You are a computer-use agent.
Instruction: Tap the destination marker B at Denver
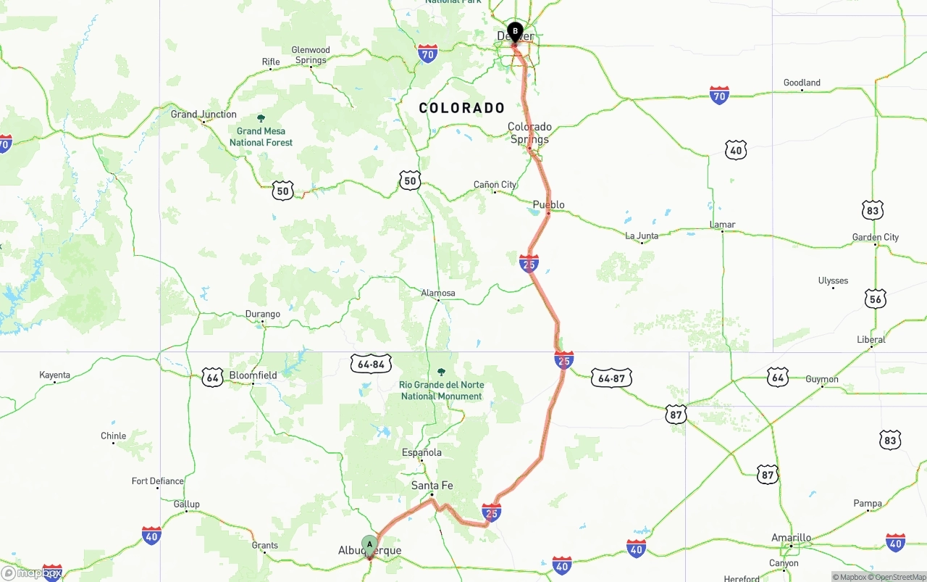point(515,32)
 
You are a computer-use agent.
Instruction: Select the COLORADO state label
point(462,108)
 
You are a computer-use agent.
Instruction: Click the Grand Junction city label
point(204,115)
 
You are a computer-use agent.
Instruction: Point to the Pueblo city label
point(548,204)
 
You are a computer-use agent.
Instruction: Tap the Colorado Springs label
point(529,133)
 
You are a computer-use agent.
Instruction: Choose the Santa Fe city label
point(432,486)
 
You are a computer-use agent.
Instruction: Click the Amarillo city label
point(791,538)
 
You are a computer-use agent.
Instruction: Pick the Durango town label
point(263,315)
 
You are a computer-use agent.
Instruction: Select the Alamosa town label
point(438,294)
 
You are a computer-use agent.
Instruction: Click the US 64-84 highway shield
point(371,363)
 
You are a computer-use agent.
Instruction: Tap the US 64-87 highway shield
point(611,378)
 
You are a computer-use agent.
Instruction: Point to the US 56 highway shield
point(876,299)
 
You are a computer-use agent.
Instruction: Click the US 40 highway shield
point(737,150)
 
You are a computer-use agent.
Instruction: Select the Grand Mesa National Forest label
point(261,136)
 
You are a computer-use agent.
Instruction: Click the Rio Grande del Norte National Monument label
point(442,390)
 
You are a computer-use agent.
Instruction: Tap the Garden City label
point(876,237)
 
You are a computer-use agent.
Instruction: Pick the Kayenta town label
point(55,375)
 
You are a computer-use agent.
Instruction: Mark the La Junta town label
point(642,236)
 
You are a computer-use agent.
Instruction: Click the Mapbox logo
point(33,573)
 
